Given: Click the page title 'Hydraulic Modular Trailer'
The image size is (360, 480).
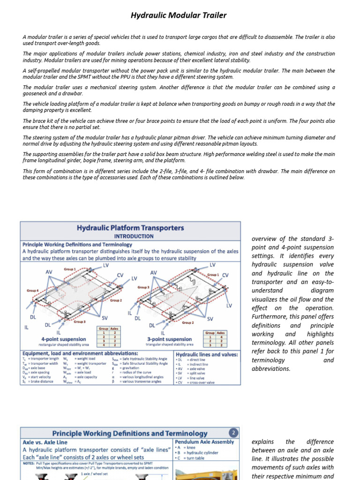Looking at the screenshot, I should pyautogui.click(x=178, y=15).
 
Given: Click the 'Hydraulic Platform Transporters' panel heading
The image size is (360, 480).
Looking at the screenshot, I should pyautogui.click(x=130, y=228).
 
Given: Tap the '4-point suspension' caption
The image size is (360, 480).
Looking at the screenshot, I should pyautogui.click(x=63, y=339).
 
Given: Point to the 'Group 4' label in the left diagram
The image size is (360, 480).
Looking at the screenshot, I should pyautogui.click(x=33, y=291).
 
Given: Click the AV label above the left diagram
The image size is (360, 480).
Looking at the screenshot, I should pyautogui.click(x=49, y=272).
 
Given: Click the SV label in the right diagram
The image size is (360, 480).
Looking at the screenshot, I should pyautogui.click(x=210, y=319).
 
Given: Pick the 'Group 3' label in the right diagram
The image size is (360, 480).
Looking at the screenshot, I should pyautogui.click(x=143, y=287).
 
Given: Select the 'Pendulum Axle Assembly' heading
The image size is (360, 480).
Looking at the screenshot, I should pyautogui.click(x=204, y=442).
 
